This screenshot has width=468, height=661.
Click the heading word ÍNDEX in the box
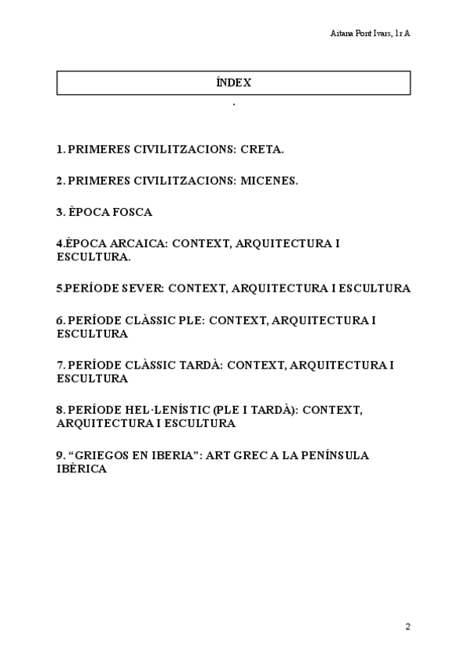pyautogui.click(x=234, y=82)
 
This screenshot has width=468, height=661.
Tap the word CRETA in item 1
pyautogui.click(x=263, y=148)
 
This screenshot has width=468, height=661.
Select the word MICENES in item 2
pyautogui.click(x=270, y=180)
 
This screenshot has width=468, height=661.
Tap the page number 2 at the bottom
pyautogui.click(x=408, y=626)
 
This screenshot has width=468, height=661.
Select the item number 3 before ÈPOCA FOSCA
pyautogui.click(x=60, y=212)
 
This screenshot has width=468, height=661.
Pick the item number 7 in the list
pyautogui.click(x=60, y=365)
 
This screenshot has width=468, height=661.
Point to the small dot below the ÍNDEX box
pyautogui.click(x=234, y=104)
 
